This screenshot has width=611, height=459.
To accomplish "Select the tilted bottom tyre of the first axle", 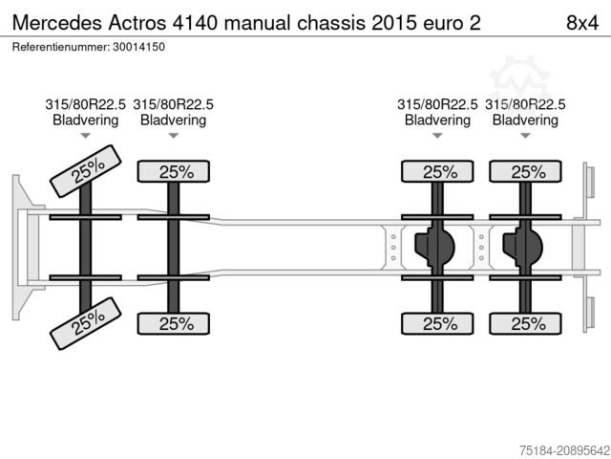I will point(87,323).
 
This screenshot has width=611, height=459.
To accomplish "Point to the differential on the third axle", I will point(435,247).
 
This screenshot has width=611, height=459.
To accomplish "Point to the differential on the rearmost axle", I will point(524,247).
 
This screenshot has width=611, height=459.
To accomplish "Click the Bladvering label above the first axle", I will point(86,120).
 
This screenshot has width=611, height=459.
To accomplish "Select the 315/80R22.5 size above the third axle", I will point(437,104).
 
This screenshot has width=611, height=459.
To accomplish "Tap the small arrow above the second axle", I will point(174,137).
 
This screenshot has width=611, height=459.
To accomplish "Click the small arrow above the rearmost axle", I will point(525,137).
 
